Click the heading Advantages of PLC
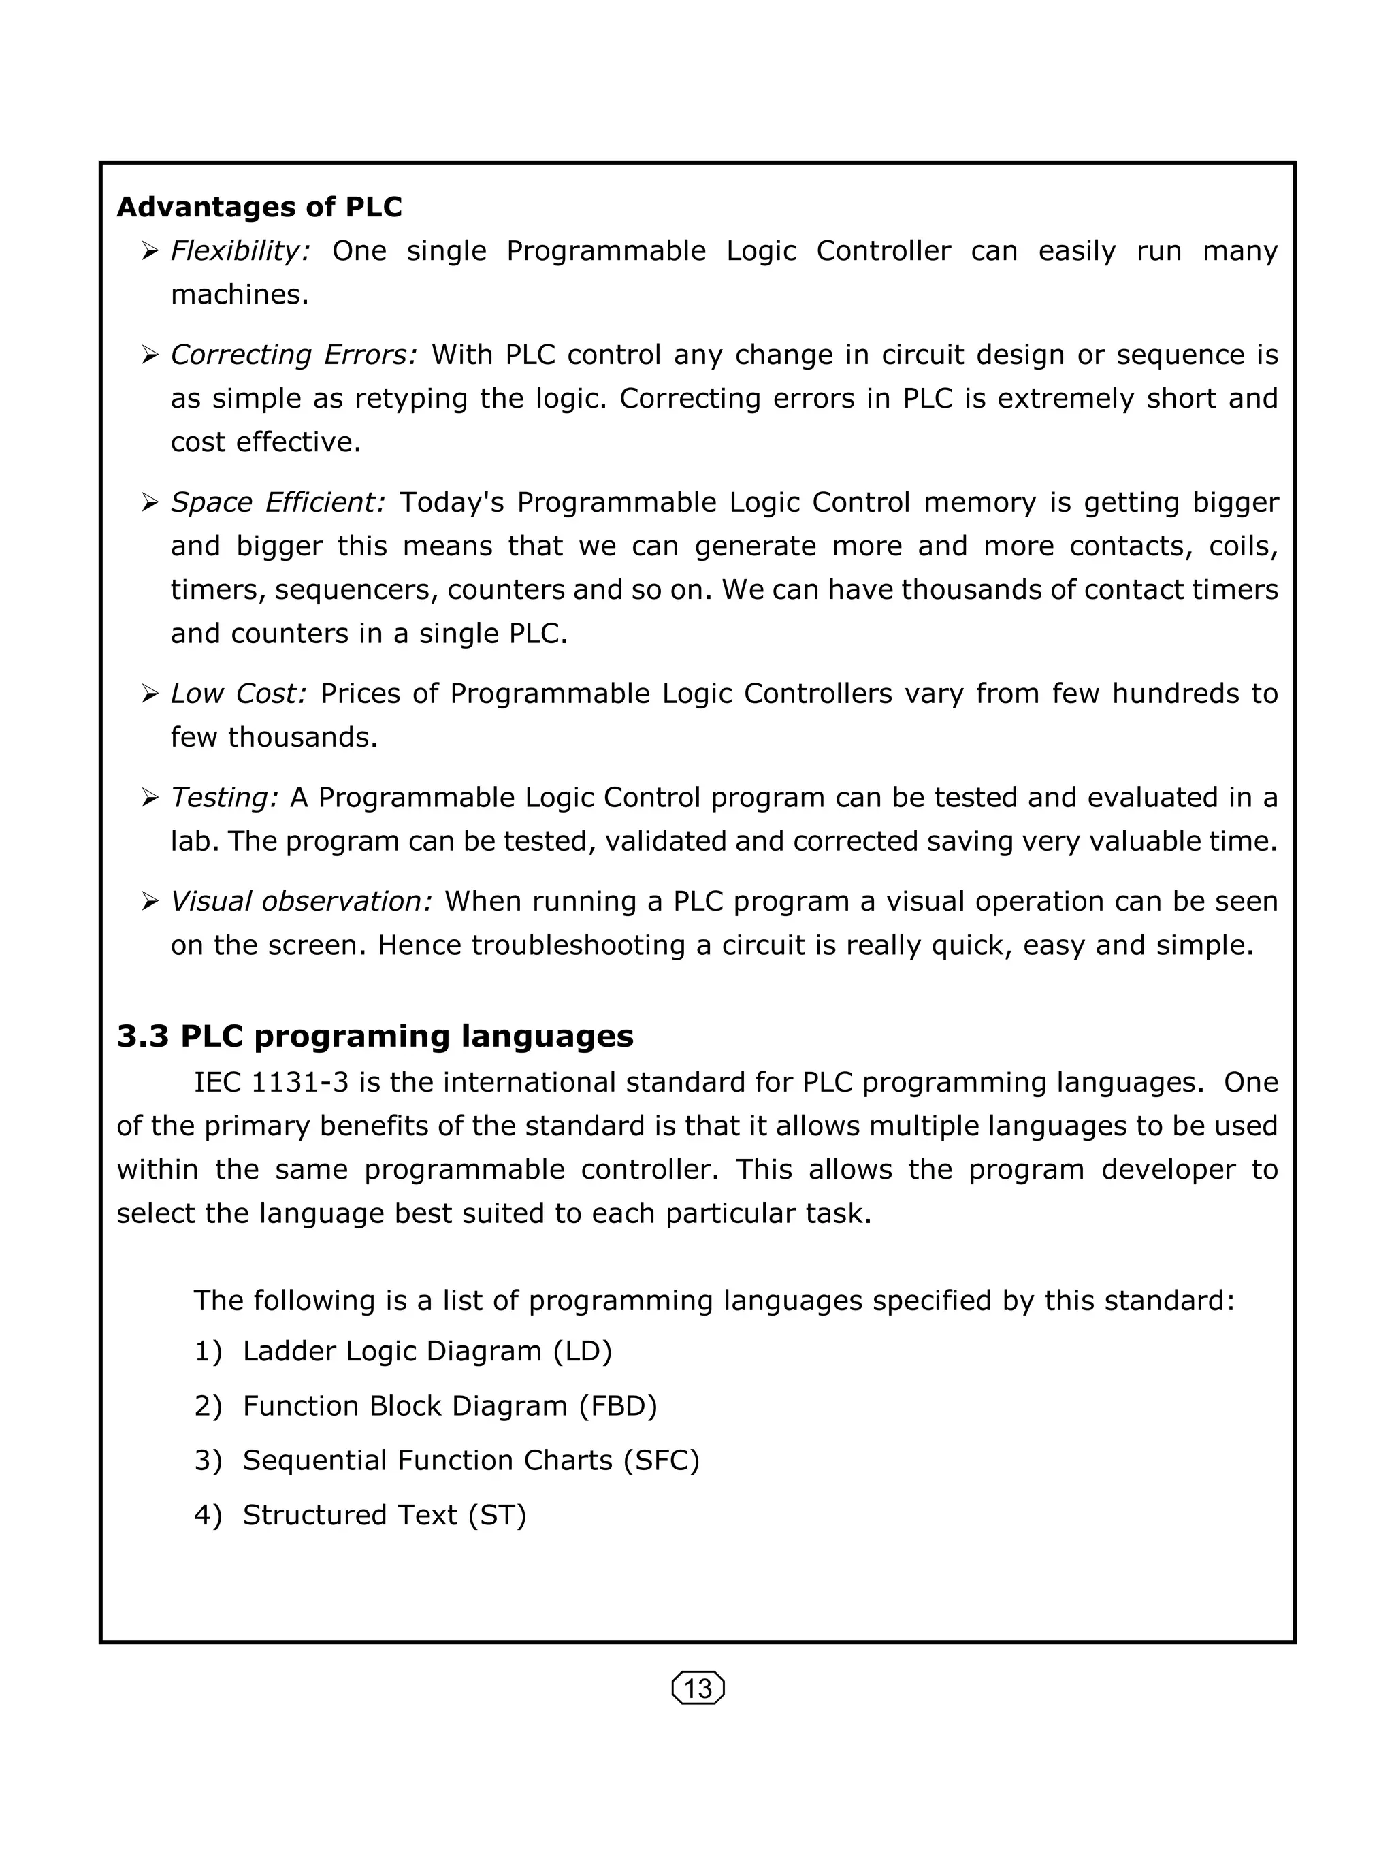click(259, 207)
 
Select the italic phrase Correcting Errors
click(293, 355)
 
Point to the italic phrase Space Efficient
click(278, 502)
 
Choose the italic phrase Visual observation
click(301, 900)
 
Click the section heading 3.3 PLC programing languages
click(375, 1035)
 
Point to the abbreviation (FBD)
click(618, 1405)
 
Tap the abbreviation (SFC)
click(661, 1460)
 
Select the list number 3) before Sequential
click(208, 1460)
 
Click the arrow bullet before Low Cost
click(150, 694)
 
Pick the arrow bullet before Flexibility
click(150, 251)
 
